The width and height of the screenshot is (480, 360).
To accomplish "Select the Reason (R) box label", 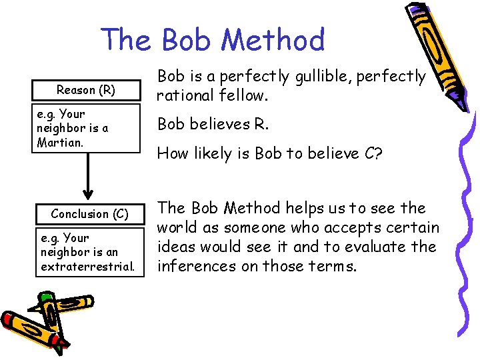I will point(86,89).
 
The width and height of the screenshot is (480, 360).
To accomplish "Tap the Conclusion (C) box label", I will point(89,214).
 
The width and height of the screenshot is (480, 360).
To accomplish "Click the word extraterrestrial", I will point(88,267).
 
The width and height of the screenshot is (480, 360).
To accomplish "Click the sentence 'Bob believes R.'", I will point(211,124).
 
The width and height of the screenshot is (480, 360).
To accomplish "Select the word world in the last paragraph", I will point(177,228).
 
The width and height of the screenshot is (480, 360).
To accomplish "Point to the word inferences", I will point(193,266).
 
